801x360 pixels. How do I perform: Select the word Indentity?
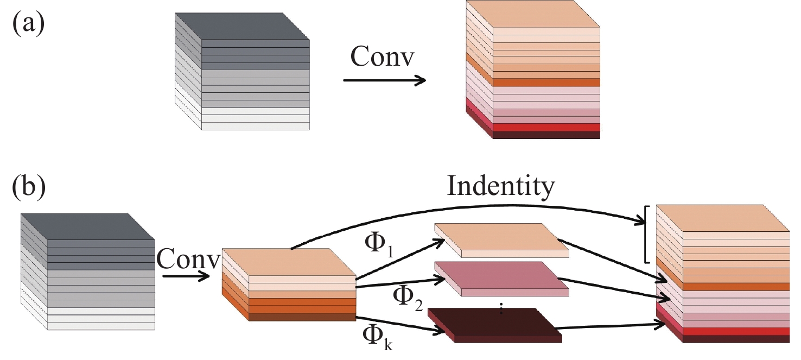click(x=500, y=186)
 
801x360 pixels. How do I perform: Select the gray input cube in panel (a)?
click(x=242, y=72)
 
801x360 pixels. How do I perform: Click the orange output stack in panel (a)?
click(x=533, y=71)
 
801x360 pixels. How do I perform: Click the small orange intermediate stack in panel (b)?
click(x=289, y=285)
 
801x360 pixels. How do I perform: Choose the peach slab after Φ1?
click(x=501, y=239)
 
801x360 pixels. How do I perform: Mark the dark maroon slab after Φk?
click(x=495, y=325)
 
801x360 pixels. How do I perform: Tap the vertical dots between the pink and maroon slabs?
click(x=501, y=308)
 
